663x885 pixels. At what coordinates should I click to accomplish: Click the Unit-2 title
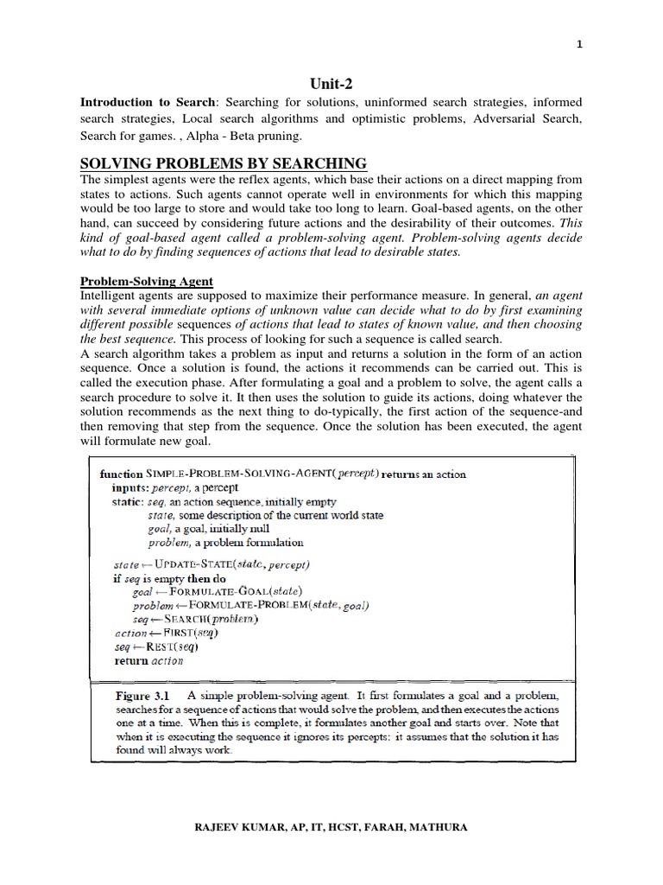coord(331,83)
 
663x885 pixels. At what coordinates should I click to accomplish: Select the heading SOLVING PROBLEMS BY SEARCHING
coord(223,163)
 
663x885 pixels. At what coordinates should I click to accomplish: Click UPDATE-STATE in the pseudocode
coord(196,564)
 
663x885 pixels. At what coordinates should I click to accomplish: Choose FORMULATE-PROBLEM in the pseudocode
coord(241,606)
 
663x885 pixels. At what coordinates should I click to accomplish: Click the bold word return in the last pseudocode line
coord(131,660)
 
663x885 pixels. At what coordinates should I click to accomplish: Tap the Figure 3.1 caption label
coord(142,695)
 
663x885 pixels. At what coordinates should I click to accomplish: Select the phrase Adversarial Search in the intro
coord(527,119)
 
